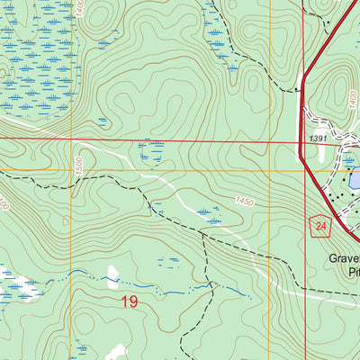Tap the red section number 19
[129, 301]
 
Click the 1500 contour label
[81, 164]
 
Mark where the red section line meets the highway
[301, 142]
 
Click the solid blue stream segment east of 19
[225, 292]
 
